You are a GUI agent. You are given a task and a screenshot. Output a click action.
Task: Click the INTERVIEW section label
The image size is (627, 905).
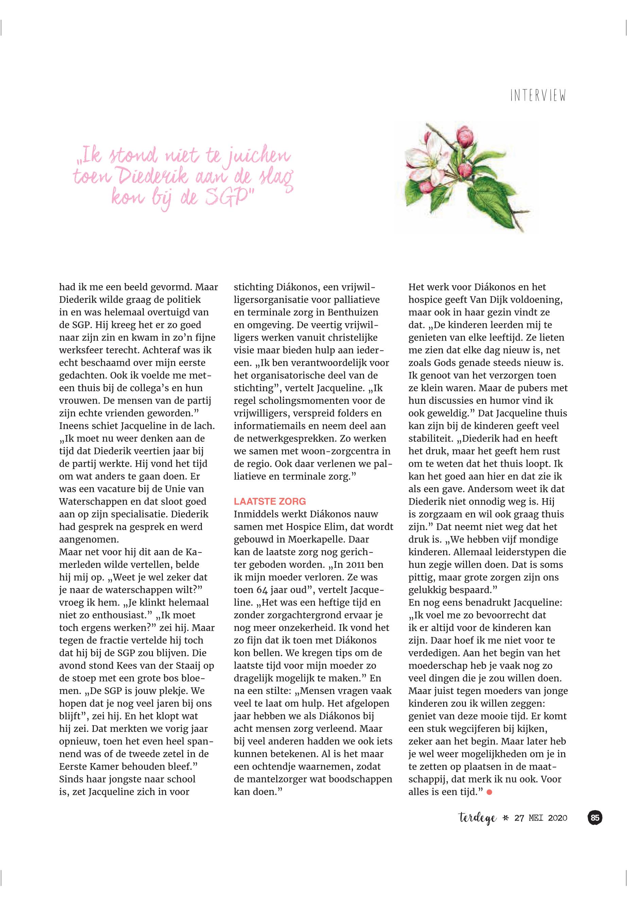(538, 96)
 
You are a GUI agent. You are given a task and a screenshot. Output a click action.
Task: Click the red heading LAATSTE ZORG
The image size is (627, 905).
(269, 501)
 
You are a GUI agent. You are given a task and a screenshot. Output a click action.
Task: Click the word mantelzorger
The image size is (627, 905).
(278, 779)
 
